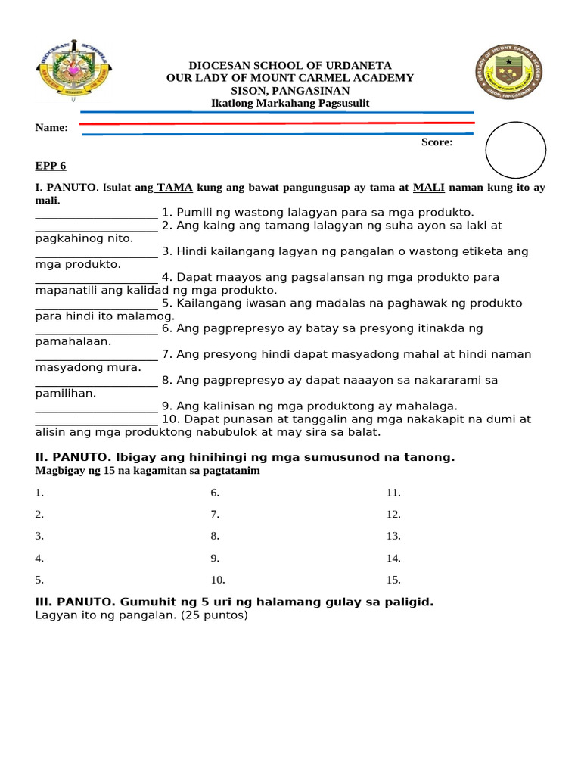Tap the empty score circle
[515, 150]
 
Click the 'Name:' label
[51, 128]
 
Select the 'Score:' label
[437, 142]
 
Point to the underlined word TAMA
[174, 187]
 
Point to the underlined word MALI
[428, 187]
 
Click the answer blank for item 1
[96, 214]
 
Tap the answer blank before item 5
[96, 304]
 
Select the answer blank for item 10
[96, 420]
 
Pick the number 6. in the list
[215, 493]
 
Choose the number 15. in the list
[393, 580]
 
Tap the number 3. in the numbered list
[39, 537]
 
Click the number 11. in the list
[393, 493]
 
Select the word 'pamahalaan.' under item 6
[73, 341]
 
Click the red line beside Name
[277, 123]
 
